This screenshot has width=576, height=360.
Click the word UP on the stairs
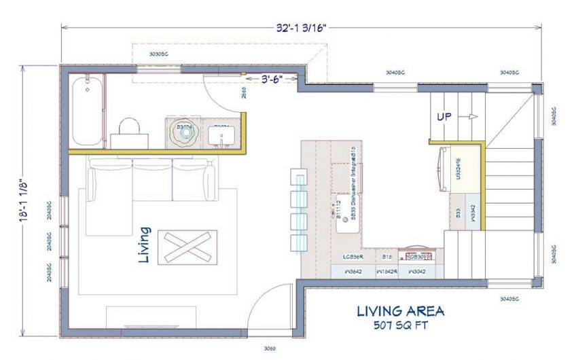pos(444,117)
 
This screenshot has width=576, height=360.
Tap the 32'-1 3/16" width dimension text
pos(302,29)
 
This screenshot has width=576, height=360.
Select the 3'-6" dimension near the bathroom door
pos(274,79)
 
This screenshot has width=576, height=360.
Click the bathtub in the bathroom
pos(86,111)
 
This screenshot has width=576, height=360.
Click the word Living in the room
pos(145,245)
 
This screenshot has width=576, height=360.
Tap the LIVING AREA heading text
pos(401,311)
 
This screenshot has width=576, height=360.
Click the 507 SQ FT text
pos(401,325)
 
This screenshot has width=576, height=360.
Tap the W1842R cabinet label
pos(386,271)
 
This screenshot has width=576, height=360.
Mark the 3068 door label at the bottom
pos(270,349)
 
